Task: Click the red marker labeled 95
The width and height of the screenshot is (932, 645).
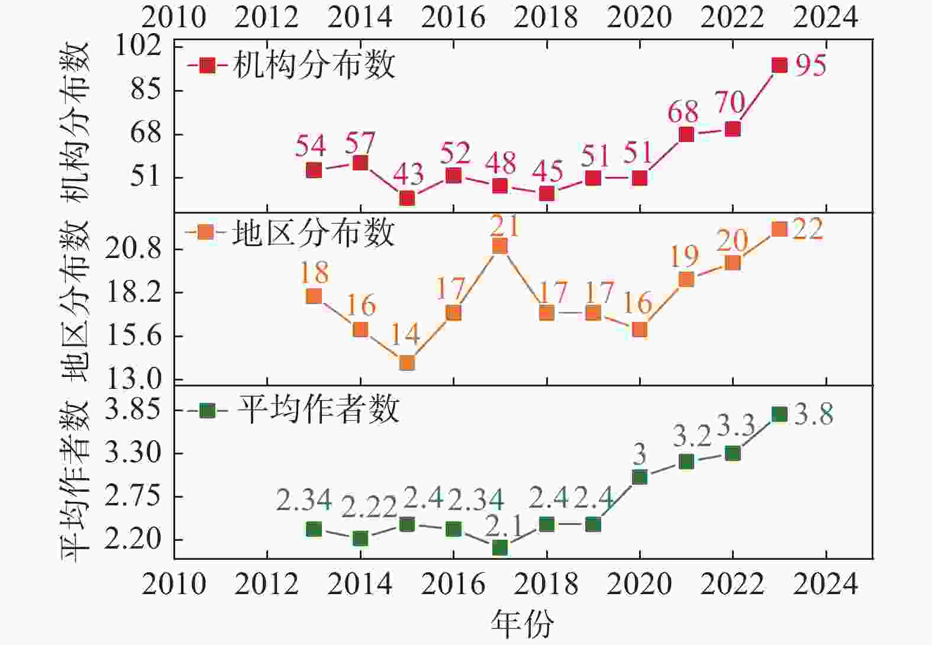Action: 779,65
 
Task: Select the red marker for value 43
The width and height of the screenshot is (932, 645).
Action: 407,198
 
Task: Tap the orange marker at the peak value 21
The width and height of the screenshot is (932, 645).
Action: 500,246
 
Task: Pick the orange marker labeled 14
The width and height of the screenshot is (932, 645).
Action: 407,363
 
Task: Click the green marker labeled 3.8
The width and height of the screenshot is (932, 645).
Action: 779,414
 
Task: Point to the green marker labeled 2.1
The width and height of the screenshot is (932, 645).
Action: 500,548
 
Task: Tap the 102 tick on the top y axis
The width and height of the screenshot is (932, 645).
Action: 138,46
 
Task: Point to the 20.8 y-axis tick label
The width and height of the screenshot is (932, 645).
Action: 133,249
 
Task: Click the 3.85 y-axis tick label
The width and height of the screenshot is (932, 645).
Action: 133,410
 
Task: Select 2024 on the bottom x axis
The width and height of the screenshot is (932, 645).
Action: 825,585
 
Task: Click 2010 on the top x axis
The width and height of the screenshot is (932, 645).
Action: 173,18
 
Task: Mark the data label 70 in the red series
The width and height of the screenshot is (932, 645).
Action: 730,102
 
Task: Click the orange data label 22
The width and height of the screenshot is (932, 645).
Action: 808,229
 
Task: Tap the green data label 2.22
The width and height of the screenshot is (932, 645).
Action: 370,508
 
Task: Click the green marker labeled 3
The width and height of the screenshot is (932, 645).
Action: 640,477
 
